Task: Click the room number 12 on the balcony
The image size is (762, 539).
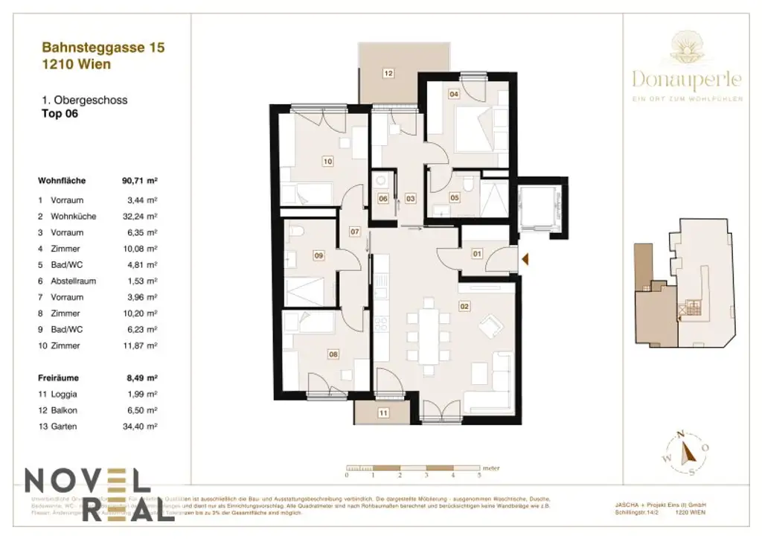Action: pyautogui.click(x=388, y=73)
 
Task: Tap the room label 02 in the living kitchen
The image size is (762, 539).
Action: pyautogui.click(x=464, y=306)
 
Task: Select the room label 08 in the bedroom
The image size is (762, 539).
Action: pyautogui.click(x=333, y=354)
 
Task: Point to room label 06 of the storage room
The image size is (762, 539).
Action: pyautogui.click(x=382, y=199)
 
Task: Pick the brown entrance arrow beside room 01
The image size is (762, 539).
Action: pyautogui.click(x=525, y=259)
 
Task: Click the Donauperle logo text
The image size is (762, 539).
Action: pyautogui.click(x=687, y=77)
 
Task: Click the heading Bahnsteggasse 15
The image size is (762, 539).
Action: pyautogui.click(x=103, y=48)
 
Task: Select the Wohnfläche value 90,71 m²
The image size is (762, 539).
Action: pyautogui.click(x=140, y=181)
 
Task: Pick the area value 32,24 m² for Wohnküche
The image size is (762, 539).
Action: pyautogui.click(x=141, y=217)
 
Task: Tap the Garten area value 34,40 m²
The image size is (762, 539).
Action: pyautogui.click(x=141, y=427)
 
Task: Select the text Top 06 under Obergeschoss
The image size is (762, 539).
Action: pyautogui.click(x=60, y=115)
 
